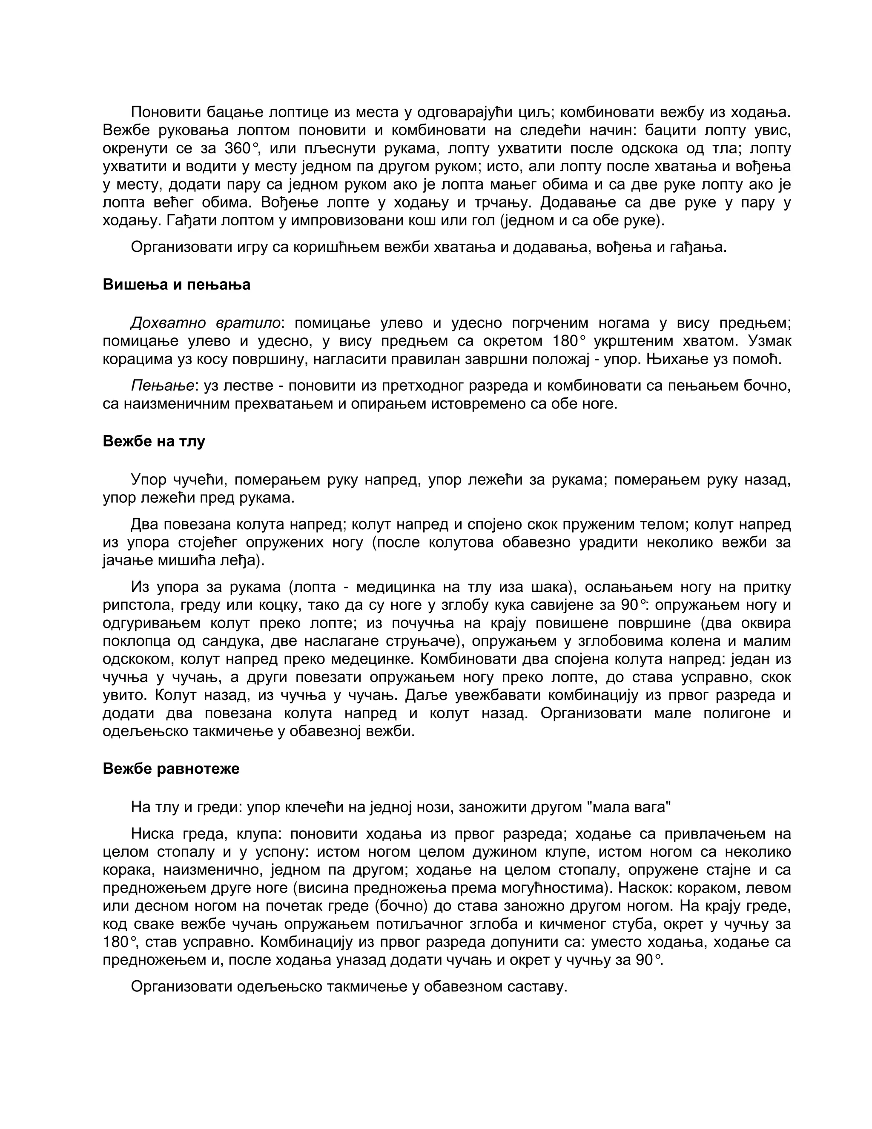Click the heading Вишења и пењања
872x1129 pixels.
[x=176, y=285]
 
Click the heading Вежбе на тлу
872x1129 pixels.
[x=154, y=441]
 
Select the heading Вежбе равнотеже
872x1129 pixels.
[x=171, y=769]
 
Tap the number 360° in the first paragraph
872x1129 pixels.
[x=240, y=148]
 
